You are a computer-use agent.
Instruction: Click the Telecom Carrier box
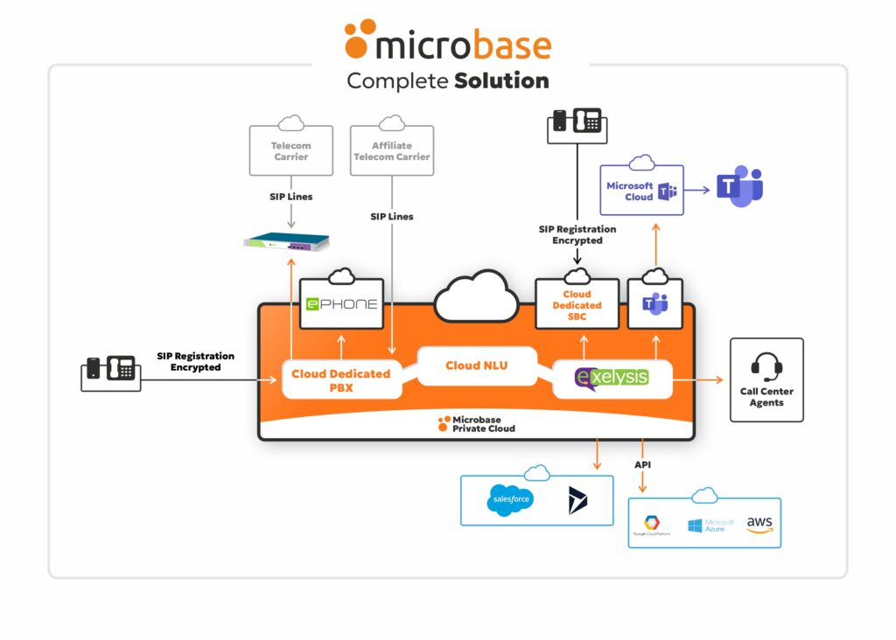[290, 150]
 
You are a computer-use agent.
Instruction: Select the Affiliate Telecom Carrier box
[391, 150]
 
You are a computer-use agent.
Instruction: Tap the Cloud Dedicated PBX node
[340, 380]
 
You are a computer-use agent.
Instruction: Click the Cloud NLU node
[476, 365]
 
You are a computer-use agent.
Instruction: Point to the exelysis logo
[612, 377]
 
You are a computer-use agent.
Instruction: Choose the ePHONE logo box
[341, 304]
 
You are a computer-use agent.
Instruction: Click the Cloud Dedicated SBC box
[577, 305]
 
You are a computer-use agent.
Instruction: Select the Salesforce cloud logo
[509, 500]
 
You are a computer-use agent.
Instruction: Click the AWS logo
[759, 524]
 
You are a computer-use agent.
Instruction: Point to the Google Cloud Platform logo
[652, 525]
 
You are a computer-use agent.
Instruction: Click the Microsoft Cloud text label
[630, 191]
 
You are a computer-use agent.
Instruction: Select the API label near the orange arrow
[643, 464]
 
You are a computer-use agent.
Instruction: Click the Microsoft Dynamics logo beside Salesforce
[577, 500]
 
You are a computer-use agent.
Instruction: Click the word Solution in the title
[501, 81]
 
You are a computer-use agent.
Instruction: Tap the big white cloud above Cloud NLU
[476, 296]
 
